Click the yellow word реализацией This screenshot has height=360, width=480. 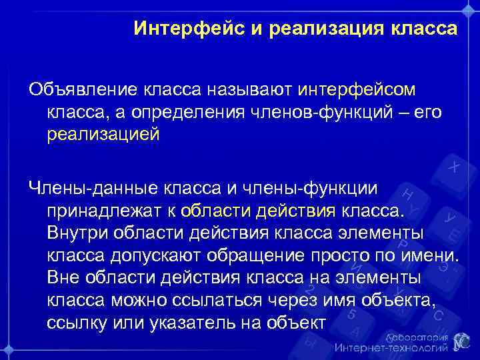coord(103,135)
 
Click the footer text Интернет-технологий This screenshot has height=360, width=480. coord(391,348)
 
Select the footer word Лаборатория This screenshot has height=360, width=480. coord(417,337)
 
